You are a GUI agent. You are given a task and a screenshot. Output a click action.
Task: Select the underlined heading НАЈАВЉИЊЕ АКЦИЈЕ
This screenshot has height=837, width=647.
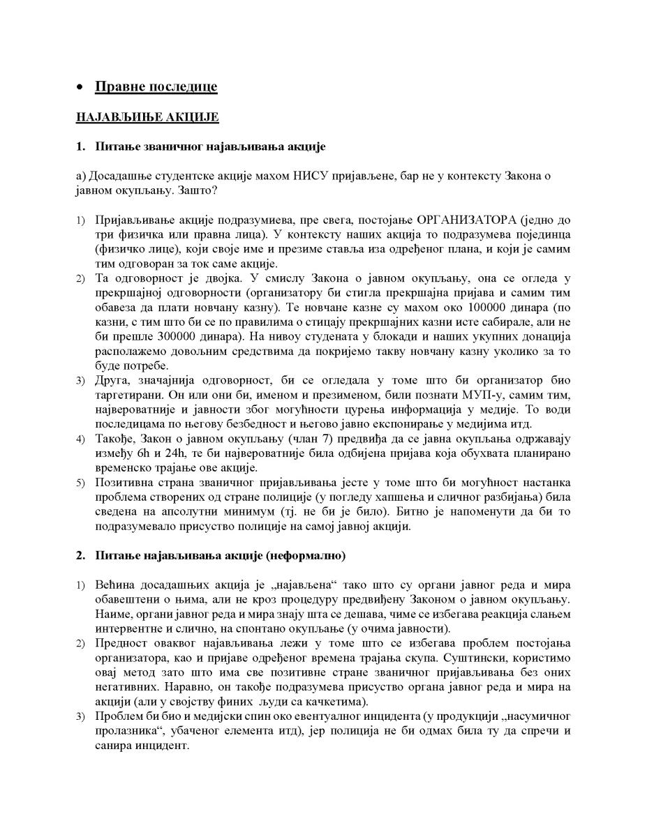(147, 118)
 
